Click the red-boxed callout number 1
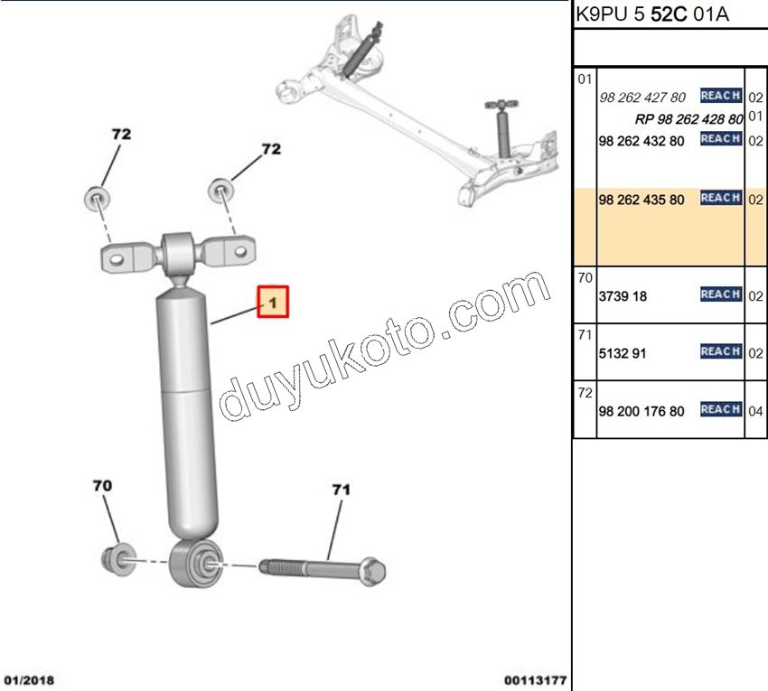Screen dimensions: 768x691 click(273, 302)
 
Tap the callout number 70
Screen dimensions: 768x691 click(102, 486)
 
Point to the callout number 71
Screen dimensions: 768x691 click(341, 490)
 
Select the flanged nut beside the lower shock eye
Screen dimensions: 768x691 click(118, 559)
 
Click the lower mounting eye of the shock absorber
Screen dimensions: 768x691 click(196, 563)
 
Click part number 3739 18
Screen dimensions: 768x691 click(623, 296)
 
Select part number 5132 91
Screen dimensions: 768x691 click(622, 353)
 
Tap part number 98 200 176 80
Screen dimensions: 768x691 click(642, 411)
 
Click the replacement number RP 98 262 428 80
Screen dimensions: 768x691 click(688, 119)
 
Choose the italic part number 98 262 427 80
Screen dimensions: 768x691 click(642, 98)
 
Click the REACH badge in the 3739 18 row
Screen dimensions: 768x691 click(720, 294)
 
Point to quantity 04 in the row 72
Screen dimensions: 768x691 click(755, 411)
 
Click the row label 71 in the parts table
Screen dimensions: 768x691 click(585, 335)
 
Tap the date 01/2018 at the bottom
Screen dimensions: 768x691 click(30, 680)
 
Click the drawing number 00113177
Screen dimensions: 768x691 click(536, 680)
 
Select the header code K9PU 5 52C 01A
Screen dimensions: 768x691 click(652, 14)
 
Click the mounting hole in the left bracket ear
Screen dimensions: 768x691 click(117, 258)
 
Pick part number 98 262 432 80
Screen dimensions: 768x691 click(642, 141)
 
